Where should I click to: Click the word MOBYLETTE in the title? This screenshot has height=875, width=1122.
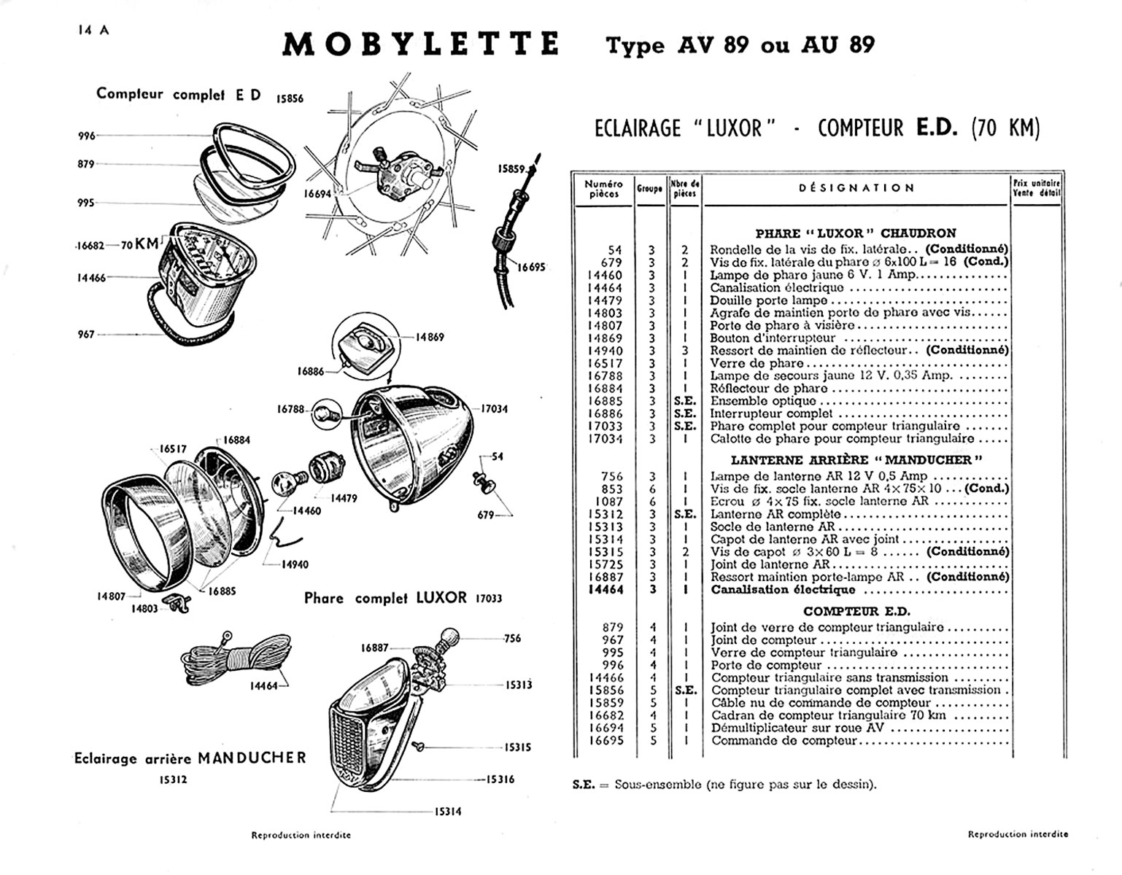[x=420, y=45]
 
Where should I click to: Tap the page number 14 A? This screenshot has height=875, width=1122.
[x=93, y=30]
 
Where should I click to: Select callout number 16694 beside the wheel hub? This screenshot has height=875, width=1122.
[x=318, y=194]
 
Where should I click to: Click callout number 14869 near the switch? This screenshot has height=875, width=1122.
[x=430, y=337]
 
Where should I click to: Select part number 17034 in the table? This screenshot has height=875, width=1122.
[x=605, y=439]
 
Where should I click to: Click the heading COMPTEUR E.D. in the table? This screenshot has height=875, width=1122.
[x=856, y=612]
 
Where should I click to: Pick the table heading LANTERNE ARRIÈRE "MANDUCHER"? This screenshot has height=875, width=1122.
[x=856, y=460]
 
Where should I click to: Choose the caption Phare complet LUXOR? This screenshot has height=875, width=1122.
[x=385, y=599]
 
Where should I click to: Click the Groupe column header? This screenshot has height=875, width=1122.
[x=649, y=188]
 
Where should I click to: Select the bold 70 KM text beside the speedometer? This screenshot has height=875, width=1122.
[x=140, y=245]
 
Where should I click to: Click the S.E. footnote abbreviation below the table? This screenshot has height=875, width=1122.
[x=583, y=785]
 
